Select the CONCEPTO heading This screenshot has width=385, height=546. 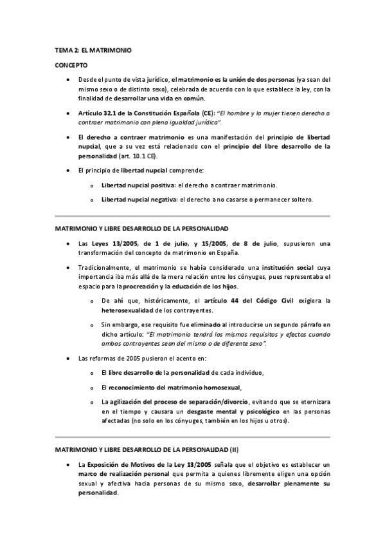[x=71, y=65]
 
